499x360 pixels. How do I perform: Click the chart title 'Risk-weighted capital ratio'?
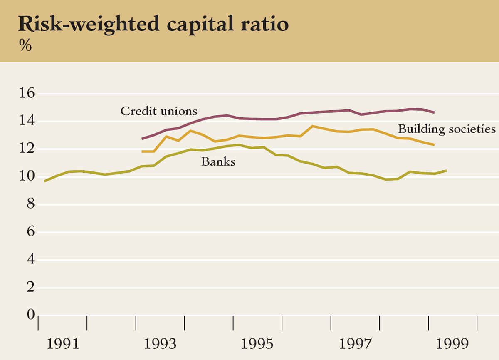153,25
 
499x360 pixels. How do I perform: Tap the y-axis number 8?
30,205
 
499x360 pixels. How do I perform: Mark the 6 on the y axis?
30,232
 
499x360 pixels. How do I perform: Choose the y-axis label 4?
30,260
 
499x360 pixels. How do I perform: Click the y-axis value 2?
30,288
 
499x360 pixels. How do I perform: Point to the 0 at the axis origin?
30,315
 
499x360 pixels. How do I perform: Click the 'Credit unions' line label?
159,112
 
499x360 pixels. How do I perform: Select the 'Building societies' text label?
447,129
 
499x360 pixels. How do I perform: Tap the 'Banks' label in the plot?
218,162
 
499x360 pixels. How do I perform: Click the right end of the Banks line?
446,171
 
